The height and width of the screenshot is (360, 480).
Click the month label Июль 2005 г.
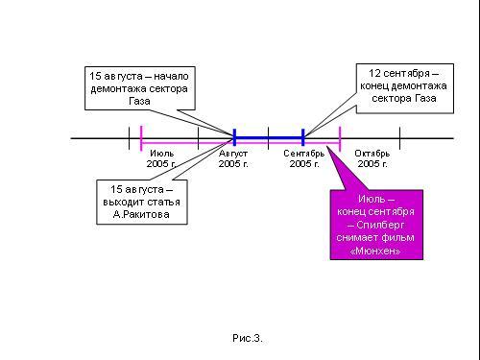(x=161, y=158)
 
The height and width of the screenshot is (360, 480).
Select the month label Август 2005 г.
(x=233, y=158)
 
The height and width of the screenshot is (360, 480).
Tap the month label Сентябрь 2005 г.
(x=304, y=158)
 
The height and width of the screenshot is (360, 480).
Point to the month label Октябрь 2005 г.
(x=372, y=158)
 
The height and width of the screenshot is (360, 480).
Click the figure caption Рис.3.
(x=248, y=338)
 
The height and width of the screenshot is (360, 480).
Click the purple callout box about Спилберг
(x=376, y=225)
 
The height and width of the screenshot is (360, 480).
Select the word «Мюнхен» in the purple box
(x=375, y=251)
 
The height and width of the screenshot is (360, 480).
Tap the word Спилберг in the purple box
(x=380, y=225)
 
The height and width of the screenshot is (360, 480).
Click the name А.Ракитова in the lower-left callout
(x=141, y=214)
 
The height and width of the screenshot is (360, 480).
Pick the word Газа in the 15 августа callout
(x=139, y=101)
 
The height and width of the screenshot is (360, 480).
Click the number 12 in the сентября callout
(x=374, y=73)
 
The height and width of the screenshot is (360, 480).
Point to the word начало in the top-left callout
(x=171, y=77)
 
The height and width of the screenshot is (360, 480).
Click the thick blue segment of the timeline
(x=269, y=138)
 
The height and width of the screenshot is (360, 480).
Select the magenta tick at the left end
(x=141, y=138)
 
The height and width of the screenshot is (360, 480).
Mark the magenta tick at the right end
(x=340, y=138)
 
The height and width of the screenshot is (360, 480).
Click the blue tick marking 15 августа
(x=234, y=137)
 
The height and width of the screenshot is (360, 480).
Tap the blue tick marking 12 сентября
(x=303, y=137)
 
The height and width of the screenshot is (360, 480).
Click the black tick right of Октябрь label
(x=400, y=138)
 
